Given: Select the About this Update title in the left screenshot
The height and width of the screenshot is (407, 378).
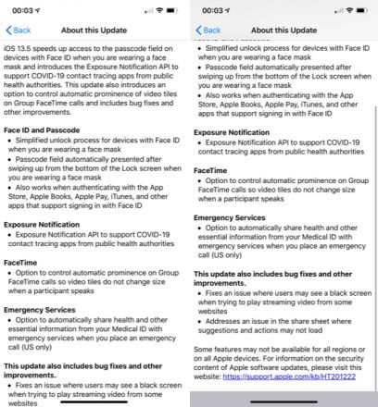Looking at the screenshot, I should [x=94, y=30].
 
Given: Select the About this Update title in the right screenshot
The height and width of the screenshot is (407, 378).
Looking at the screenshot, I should [x=283, y=30].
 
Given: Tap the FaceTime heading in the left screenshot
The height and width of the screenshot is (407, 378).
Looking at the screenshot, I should [x=24, y=263].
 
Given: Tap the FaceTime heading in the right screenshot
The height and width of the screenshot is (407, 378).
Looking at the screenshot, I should [x=213, y=171].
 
